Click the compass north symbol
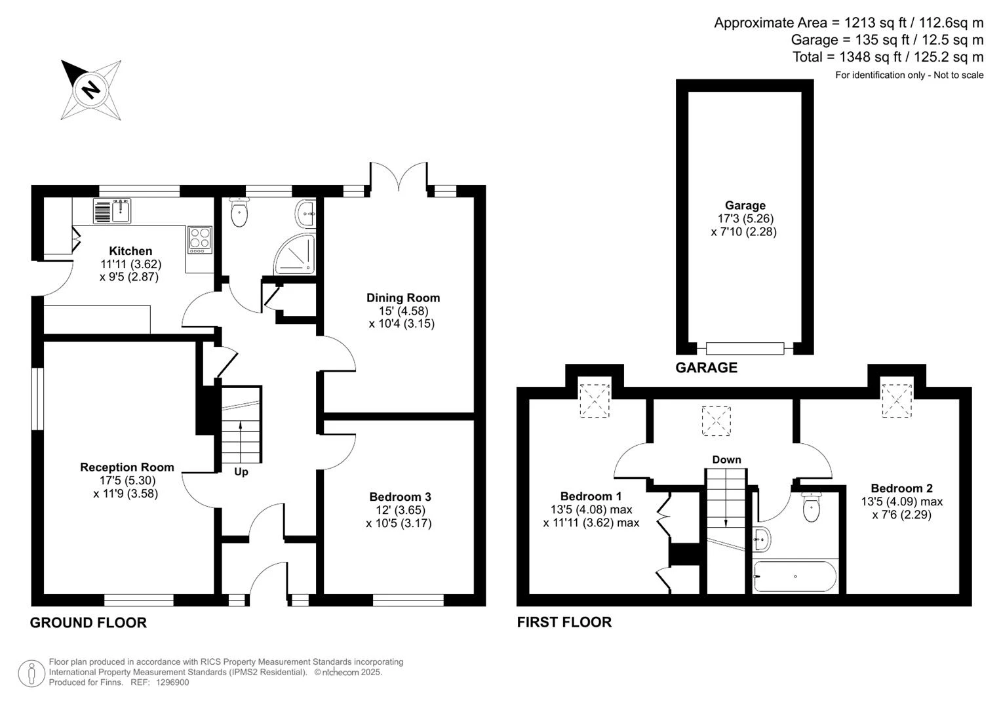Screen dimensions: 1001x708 coord(91,90)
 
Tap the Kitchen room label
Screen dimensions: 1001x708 coord(130,250)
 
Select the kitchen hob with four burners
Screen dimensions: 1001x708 coord(200,240)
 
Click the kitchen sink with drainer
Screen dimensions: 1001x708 coord(112,211)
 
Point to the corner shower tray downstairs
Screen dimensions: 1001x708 coord(295,254)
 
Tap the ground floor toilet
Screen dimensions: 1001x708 coord(239,213)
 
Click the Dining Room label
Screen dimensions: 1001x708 coord(403,298)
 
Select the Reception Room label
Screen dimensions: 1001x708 coord(127,467)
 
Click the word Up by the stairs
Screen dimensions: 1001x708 coord(241,472)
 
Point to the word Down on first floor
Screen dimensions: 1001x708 coord(726,460)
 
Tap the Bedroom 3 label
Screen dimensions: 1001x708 coord(400,497)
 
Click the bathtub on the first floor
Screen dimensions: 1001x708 coord(795,576)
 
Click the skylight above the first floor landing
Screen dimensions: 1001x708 coord(716,421)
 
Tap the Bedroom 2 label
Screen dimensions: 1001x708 coord(902,488)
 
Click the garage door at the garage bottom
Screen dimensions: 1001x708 coord(745,349)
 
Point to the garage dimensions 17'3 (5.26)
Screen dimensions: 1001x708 coord(745,218)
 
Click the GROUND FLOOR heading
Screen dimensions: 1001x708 coord(88,623)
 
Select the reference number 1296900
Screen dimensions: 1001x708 coord(172,682)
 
